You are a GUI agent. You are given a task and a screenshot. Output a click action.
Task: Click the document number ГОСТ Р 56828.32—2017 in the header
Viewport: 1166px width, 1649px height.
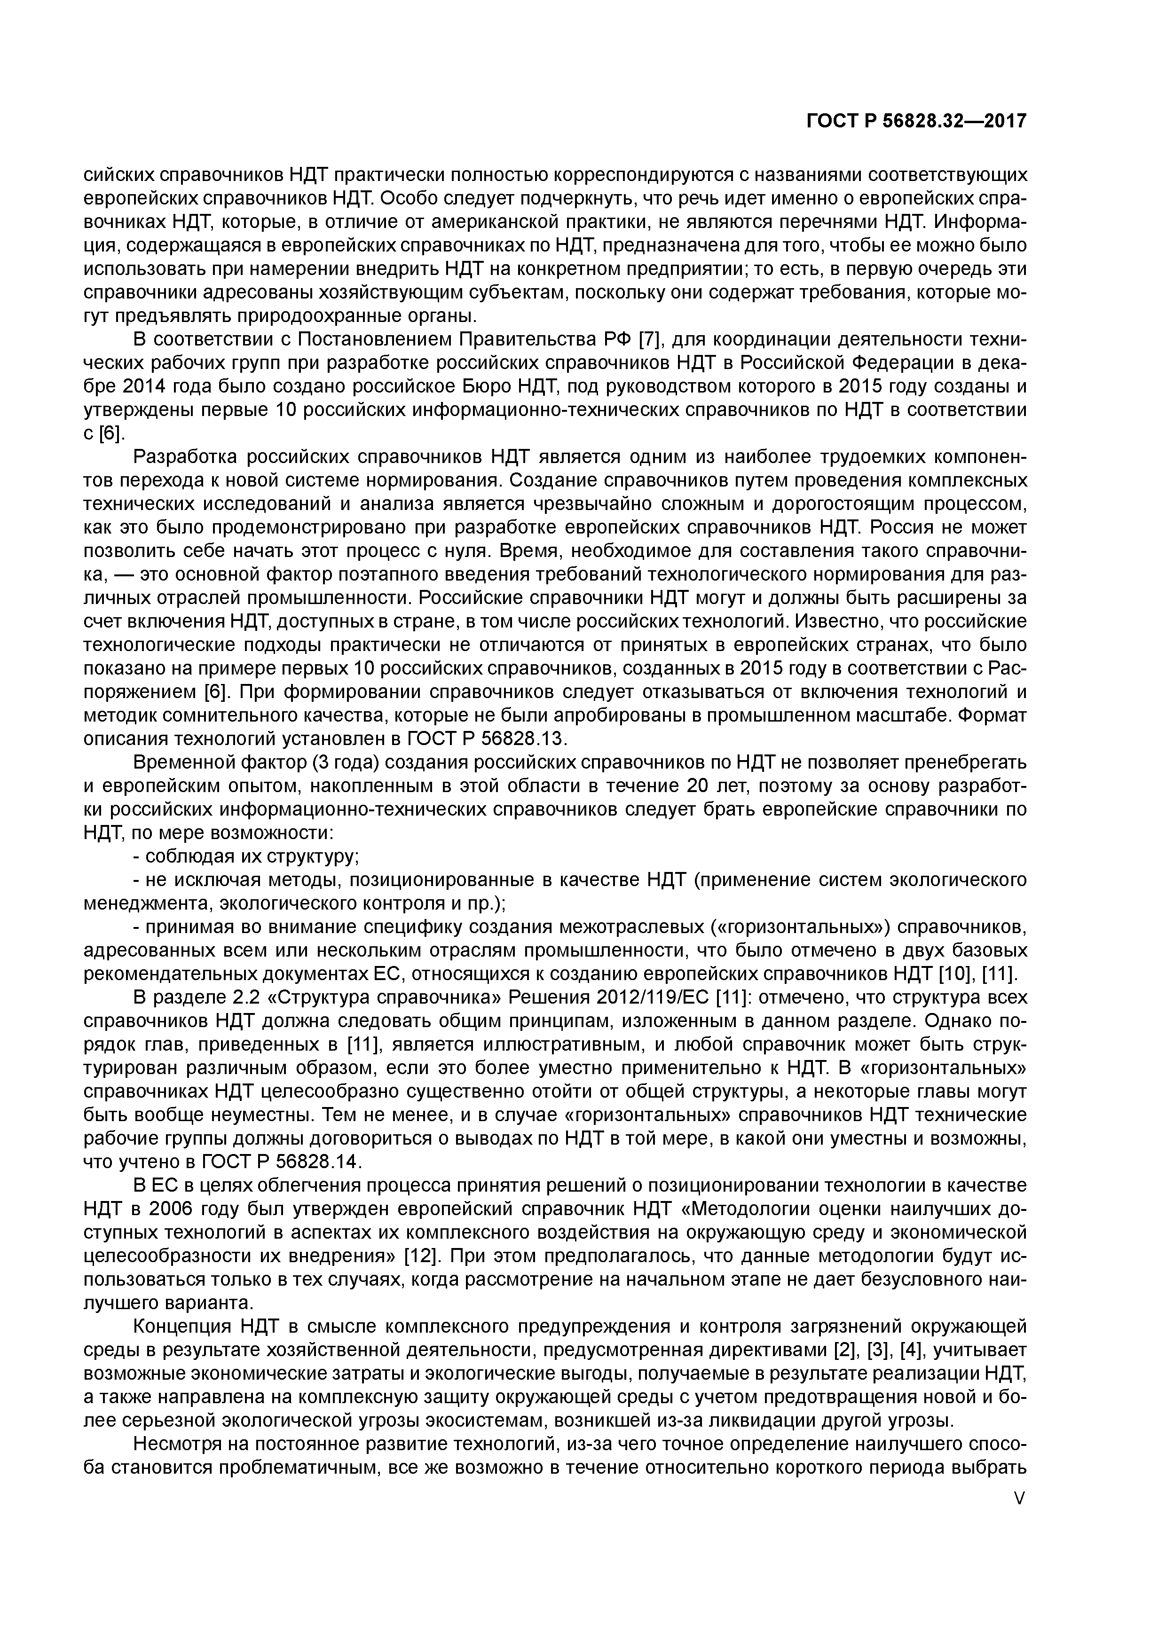click(x=916, y=121)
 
